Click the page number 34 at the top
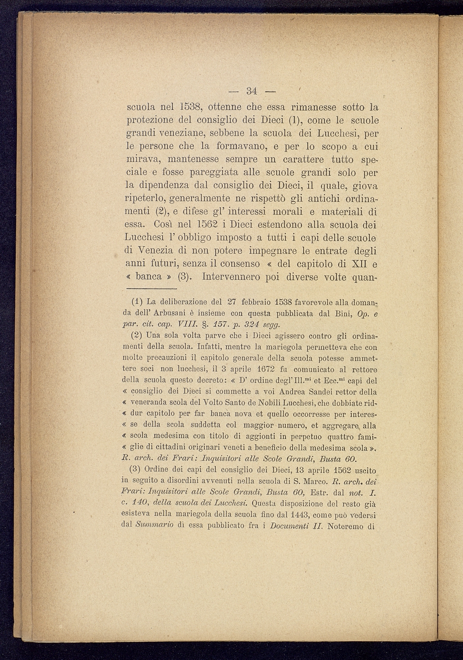point(252,91)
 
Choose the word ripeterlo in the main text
point(146,199)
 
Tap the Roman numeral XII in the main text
point(360,264)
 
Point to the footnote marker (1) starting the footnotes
point(137,302)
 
